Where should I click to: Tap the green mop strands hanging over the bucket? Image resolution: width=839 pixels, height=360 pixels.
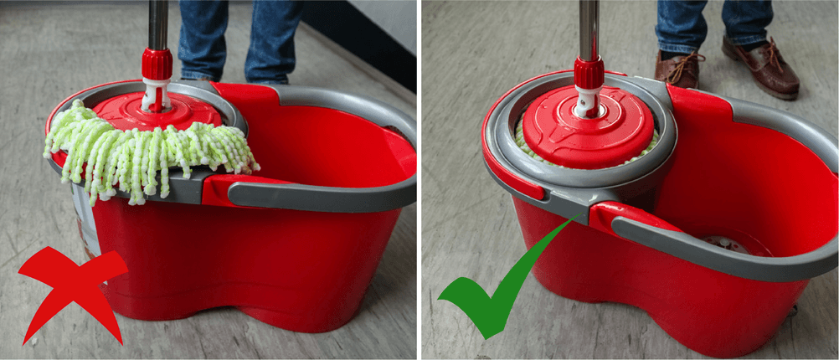click(151, 151)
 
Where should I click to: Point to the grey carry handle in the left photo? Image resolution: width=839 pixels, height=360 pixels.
click(335, 188)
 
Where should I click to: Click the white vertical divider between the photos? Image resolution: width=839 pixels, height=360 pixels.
click(419, 180)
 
